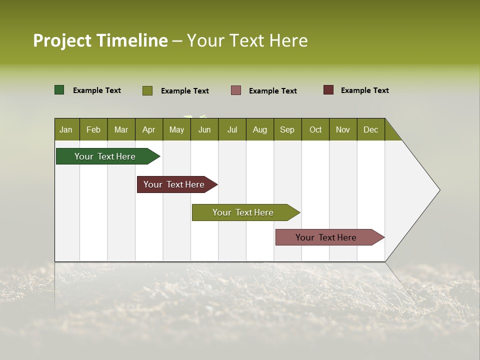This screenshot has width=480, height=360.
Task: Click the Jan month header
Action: click(66, 129)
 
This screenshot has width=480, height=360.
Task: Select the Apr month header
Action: click(149, 129)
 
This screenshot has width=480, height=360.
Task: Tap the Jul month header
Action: click(232, 129)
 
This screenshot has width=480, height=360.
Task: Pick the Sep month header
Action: click(287, 129)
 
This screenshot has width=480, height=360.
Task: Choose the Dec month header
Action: click(371, 129)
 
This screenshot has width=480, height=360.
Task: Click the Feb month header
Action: click(93, 129)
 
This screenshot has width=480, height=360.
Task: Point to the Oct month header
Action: click(315, 129)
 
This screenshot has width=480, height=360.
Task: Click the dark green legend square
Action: click(59, 90)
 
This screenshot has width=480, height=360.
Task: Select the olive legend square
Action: click(147, 90)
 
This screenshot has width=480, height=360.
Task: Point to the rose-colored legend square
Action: click(236, 90)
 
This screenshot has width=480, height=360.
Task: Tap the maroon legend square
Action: click(328, 90)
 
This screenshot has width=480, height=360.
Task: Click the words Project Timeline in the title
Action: click(100, 40)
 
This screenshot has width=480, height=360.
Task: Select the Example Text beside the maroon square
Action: click(365, 90)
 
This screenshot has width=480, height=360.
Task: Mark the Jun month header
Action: click(204, 129)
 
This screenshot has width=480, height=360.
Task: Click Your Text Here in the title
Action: click(247, 40)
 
